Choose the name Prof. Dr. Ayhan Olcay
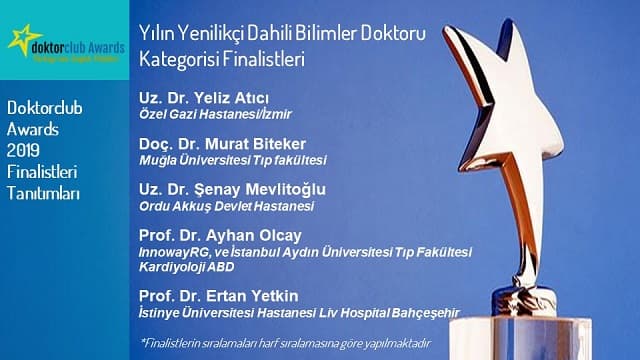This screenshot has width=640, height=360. click(x=211, y=235)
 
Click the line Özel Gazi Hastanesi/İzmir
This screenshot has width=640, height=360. click(x=204, y=116)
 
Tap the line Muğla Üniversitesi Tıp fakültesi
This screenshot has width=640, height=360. click(x=233, y=160)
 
